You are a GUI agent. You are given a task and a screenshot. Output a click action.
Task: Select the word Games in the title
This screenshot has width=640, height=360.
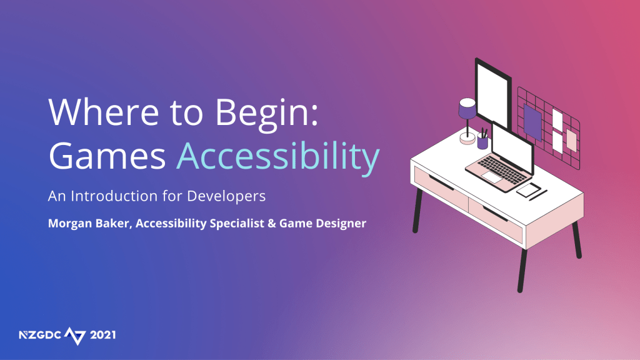(107, 156)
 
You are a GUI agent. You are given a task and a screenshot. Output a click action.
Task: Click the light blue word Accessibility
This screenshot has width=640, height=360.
(278, 158)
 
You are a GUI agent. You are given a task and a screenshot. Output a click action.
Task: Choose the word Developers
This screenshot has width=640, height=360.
(226, 197)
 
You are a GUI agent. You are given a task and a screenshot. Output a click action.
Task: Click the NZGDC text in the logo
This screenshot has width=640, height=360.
(40, 335)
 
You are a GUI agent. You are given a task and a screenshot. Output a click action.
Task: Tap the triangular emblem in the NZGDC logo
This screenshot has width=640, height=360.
(76, 336)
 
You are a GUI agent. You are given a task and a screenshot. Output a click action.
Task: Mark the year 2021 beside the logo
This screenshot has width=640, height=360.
(103, 335)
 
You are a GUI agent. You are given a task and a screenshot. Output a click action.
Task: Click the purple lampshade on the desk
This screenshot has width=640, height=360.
(467, 109)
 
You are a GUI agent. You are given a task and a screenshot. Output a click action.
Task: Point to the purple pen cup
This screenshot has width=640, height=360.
(482, 142)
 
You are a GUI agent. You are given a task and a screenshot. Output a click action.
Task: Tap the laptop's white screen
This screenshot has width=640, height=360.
(512, 147)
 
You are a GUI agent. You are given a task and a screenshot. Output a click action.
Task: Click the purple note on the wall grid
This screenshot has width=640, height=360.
(532, 122)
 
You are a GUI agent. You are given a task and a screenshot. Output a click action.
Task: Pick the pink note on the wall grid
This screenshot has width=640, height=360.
(571, 141)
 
